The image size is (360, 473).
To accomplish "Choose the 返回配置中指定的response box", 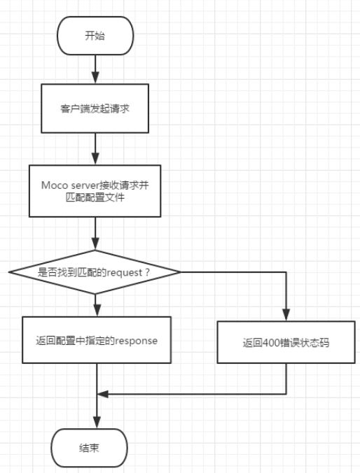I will pos(97,341).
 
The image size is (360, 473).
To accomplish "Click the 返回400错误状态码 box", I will pos(287,342).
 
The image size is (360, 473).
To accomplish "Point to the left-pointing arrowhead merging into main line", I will pos(102,394).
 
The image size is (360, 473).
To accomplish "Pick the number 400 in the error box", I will pos(270,342).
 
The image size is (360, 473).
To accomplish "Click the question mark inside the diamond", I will pos(146,271).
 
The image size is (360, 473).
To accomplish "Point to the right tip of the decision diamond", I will pos(180,271).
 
